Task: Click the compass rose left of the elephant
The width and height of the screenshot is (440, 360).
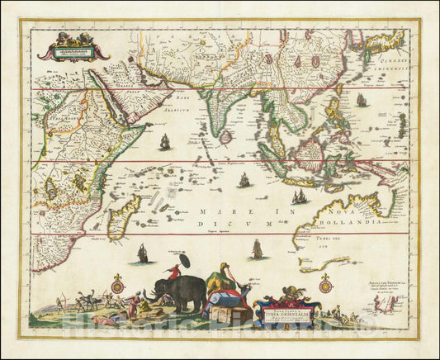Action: point(117,286)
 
